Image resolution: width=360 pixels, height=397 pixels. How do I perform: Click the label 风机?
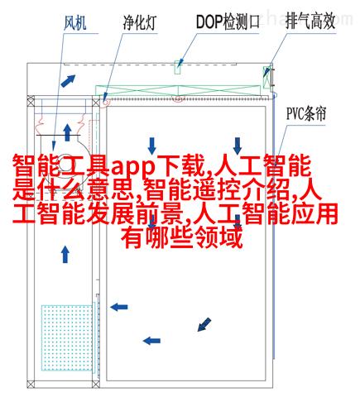coord(75,22)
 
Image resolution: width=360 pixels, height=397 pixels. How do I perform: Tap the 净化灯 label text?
coord(140,22)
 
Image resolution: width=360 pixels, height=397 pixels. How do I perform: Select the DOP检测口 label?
coord(228,22)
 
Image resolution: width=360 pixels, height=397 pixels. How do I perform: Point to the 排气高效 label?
coord(310,22)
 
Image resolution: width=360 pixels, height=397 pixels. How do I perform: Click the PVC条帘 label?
coord(306,113)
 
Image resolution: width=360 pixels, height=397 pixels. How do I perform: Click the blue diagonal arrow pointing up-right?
coord(68,80)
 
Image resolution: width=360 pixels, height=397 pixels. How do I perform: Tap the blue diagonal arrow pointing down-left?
coord(204,324)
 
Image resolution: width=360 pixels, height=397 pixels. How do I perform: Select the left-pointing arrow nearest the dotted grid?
coord(119,307)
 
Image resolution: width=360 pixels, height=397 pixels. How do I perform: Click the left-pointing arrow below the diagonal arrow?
coord(151,341)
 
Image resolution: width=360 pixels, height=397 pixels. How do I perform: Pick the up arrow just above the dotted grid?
coord(65,254)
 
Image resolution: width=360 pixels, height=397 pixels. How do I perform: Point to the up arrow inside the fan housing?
coord(67,132)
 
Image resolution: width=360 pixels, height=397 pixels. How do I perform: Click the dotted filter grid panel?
coord(67,337)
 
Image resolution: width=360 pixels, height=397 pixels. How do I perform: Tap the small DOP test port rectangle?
coord(178,67)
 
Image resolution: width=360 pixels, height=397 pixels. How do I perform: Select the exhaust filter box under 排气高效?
coord(266,77)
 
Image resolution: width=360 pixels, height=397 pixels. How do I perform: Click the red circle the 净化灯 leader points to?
coord(105,102)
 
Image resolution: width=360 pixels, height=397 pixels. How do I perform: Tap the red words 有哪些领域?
coord(182,237)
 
